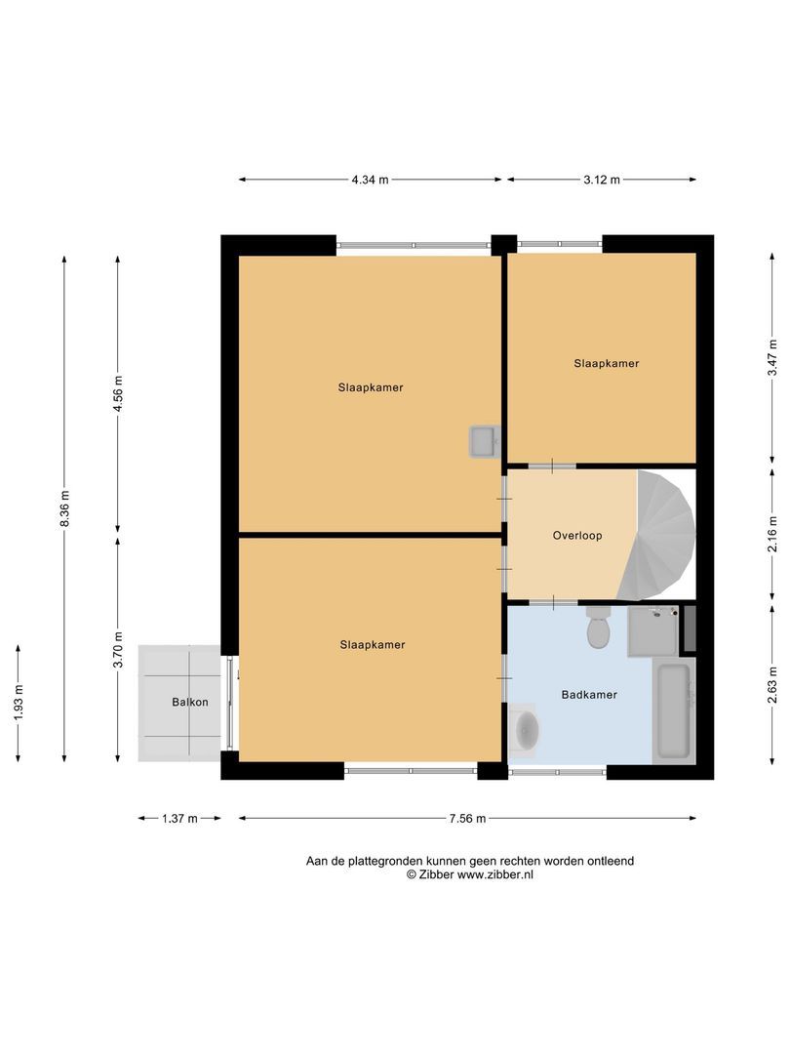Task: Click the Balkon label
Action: click(x=190, y=702)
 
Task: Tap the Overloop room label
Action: click(x=577, y=536)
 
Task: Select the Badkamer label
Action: click(x=589, y=695)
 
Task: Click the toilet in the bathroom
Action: click(x=598, y=629)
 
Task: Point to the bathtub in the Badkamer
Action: click(x=673, y=710)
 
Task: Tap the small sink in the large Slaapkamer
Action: click(x=484, y=442)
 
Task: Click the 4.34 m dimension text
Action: click(x=371, y=180)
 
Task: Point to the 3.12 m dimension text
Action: click(x=602, y=180)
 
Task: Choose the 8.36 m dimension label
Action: click(x=64, y=508)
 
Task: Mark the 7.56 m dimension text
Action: click(x=467, y=819)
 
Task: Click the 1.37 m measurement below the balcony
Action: click(x=179, y=819)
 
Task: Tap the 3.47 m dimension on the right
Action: click(x=772, y=358)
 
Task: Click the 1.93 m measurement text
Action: click(x=18, y=703)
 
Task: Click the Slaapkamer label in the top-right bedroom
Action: click(x=606, y=363)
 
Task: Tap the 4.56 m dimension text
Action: click(x=118, y=393)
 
